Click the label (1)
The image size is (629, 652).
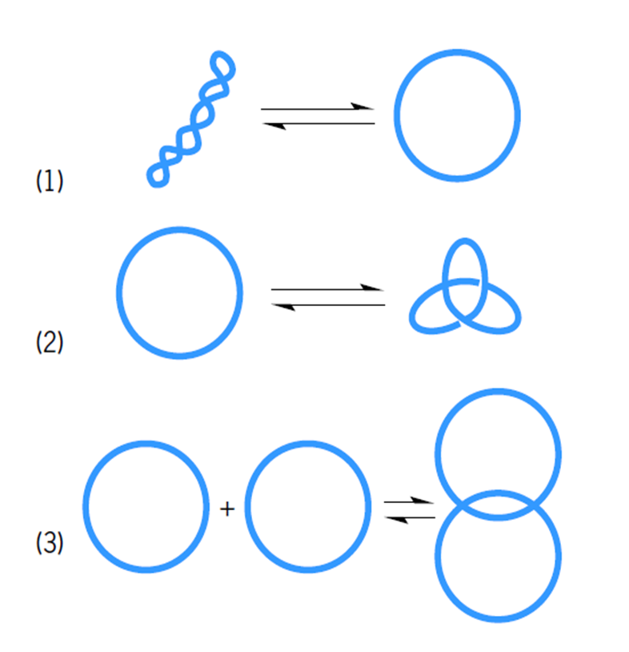pyautogui.click(x=50, y=182)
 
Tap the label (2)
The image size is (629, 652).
pyautogui.click(x=50, y=342)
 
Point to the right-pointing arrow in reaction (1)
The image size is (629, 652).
pyautogui.click(x=318, y=107)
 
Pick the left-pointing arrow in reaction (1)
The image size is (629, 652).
pyautogui.click(x=318, y=123)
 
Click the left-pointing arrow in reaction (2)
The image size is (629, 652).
pyautogui.click(x=327, y=304)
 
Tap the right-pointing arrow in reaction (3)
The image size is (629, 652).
pyautogui.click(x=408, y=501)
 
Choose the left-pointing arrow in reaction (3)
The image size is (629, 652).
pyautogui.click(x=408, y=517)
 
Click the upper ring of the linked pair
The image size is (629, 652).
pyautogui.click(x=498, y=392)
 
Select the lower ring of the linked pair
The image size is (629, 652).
pyautogui.click(x=498, y=618)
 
